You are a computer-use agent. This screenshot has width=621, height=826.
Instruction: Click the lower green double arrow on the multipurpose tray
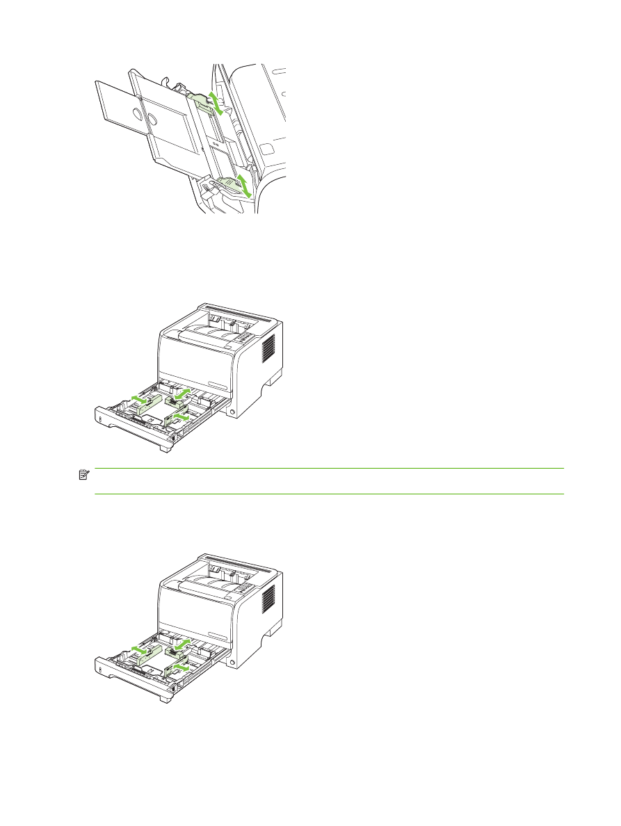coord(243,186)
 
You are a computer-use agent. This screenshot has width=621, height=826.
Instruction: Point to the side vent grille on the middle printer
coord(268,348)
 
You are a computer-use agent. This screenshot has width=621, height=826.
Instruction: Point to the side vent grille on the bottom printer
coord(268,599)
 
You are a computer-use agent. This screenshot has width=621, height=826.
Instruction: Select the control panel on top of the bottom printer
coord(239,586)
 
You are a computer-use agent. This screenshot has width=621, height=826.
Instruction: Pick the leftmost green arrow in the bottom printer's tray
coord(141,651)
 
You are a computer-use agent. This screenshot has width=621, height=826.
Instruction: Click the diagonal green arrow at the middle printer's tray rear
coord(182,394)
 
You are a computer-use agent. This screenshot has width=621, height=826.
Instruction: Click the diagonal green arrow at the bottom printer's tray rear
coord(182,645)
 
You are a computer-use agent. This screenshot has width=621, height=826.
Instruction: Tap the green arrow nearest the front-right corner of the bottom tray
coord(180,667)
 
